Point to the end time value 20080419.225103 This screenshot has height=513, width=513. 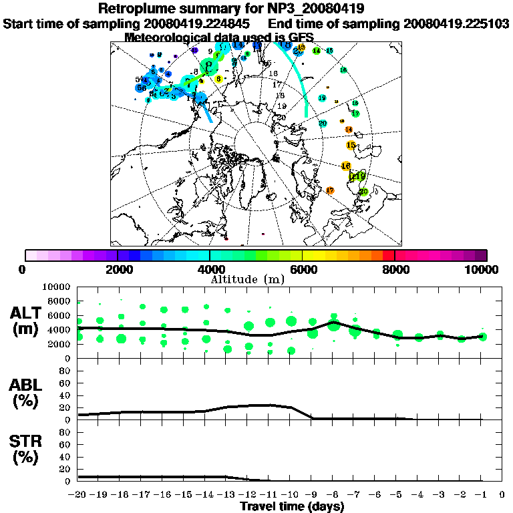pyautogui.click(x=456, y=23)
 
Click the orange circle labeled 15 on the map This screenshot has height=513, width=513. pyautogui.click(x=351, y=145)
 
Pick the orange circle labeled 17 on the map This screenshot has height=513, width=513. pyautogui.click(x=330, y=190)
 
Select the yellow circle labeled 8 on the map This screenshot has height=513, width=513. pyautogui.click(x=218, y=79)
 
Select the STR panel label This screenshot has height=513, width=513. pyautogui.click(x=26, y=449)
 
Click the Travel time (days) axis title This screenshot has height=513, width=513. pyautogui.click(x=292, y=506)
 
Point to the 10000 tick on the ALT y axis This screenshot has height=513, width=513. pyautogui.click(x=55, y=287)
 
